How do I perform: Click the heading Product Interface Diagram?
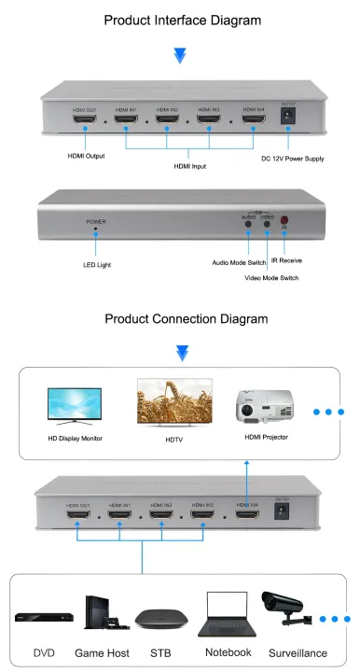[180, 20]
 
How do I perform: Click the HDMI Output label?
[87, 157]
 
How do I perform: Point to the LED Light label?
[97, 265]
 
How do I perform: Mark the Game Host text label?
[102, 652]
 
